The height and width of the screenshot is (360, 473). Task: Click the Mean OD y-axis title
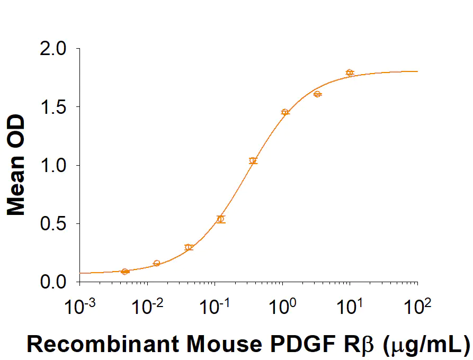pos(17,165)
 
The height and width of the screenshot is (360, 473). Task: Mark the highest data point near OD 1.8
pos(350,73)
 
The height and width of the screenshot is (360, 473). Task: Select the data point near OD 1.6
pos(318,94)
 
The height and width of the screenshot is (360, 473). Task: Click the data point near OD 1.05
pos(253,160)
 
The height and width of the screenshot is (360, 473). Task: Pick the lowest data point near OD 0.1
pos(125,272)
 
